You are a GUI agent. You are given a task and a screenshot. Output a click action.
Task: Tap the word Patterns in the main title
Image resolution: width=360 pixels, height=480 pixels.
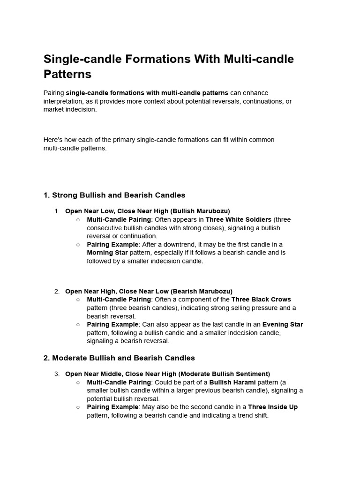click(x=67, y=74)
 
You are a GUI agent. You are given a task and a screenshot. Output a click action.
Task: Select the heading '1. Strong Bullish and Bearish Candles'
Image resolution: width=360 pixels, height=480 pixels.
click(x=114, y=195)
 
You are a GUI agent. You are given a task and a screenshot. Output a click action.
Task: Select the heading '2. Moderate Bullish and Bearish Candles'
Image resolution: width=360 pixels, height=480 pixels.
click(x=119, y=358)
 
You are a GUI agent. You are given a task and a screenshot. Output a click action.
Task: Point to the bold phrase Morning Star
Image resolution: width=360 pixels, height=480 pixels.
click(x=107, y=253)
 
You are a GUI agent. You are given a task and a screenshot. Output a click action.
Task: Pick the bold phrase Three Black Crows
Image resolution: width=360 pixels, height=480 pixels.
click(x=261, y=300)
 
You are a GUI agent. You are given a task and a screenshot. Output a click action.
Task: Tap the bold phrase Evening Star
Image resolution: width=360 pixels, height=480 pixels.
click(x=283, y=324)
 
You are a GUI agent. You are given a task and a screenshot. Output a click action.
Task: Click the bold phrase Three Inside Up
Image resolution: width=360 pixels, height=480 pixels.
click(x=273, y=407)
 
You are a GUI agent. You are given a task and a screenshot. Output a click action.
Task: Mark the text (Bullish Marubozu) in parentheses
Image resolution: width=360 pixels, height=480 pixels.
click(x=199, y=211)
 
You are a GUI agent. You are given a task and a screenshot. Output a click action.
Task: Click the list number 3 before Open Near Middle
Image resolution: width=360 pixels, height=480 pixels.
click(x=56, y=374)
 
